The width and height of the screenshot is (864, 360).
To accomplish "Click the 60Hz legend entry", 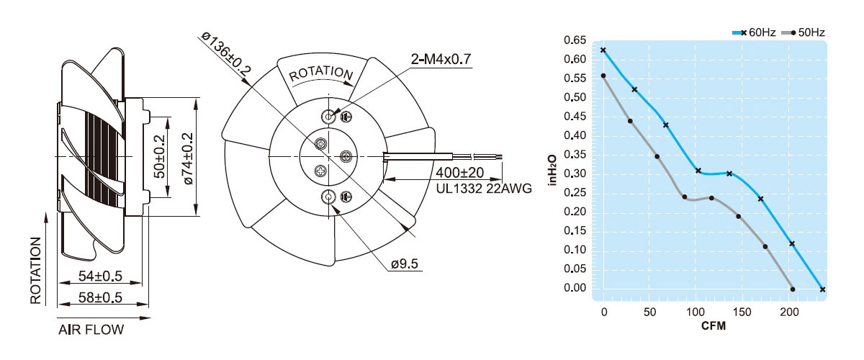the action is [x=754, y=32].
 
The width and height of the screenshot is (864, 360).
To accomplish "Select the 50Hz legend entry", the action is [x=803, y=32].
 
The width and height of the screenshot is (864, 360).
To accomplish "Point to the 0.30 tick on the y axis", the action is [x=575, y=174].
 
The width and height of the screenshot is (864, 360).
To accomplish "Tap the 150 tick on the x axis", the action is [x=742, y=312].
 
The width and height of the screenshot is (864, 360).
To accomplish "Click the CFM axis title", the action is [x=714, y=326].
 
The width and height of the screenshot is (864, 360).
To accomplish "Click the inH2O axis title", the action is [x=553, y=170].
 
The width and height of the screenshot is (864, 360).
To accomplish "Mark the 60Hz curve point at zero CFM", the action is [x=603, y=50].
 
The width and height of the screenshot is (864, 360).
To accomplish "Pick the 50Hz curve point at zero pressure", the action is [x=793, y=289].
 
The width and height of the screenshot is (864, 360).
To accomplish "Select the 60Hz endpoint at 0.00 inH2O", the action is [x=822, y=289].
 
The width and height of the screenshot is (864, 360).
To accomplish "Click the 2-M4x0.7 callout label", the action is [x=441, y=59].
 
